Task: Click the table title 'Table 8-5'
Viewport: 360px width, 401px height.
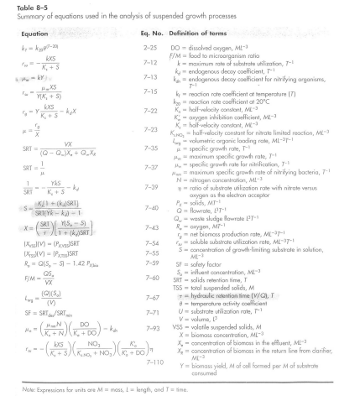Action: pyautogui.click(x=22, y=6)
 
